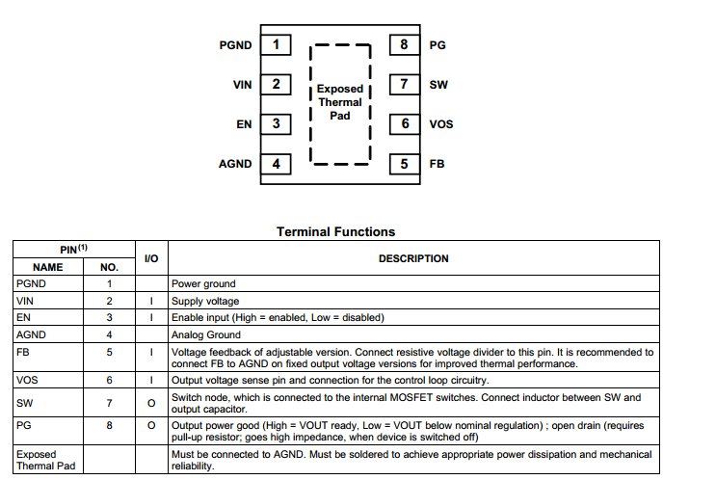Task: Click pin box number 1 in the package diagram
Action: [x=277, y=44]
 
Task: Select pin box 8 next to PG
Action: [x=405, y=44]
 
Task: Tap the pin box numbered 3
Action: [x=277, y=123]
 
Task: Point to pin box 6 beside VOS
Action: [x=405, y=123]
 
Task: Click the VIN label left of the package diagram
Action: [x=242, y=85]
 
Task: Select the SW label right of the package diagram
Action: [x=438, y=85]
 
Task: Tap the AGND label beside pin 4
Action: [x=235, y=164]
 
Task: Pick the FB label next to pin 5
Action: [x=437, y=164]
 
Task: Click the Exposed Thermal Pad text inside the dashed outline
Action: [x=340, y=102]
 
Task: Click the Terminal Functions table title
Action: [x=335, y=231]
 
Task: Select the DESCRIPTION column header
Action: [x=412, y=258]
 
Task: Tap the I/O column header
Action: [x=151, y=258]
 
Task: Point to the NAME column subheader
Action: [x=47, y=267]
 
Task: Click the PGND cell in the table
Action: [x=31, y=284]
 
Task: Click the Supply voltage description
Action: [x=205, y=301]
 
